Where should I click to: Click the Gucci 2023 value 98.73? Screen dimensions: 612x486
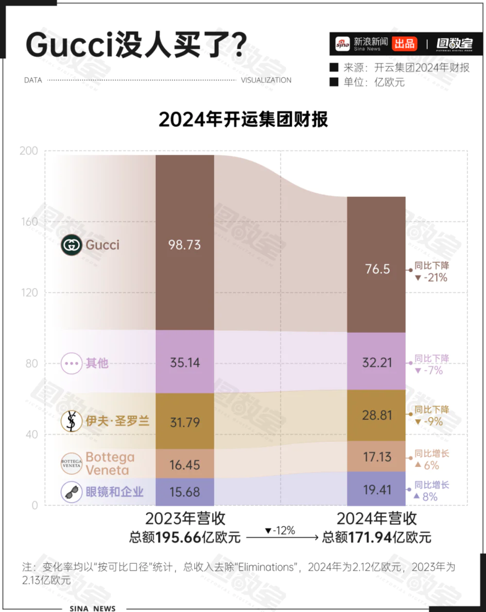(x=185, y=245)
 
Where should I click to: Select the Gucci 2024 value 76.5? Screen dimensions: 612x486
(x=377, y=269)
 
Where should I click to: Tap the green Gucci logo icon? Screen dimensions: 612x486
(x=71, y=245)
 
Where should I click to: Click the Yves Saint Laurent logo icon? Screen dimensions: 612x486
(x=71, y=421)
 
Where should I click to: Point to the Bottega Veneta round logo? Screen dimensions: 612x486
(x=71, y=464)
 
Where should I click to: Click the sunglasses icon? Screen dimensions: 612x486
(x=71, y=492)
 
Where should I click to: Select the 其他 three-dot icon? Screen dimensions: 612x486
(x=71, y=363)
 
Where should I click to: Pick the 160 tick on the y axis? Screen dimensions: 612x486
(x=29, y=222)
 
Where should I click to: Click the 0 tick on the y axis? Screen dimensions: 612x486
(x=35, y=505)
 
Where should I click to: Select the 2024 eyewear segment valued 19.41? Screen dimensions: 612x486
(x=377, y=489)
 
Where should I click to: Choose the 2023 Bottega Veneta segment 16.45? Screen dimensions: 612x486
(x=185, y=465)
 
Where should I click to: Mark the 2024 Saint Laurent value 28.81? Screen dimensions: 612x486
(x=377, y=415)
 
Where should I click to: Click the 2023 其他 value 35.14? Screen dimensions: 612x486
(x=185, y=363)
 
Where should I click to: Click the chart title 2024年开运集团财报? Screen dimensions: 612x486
(x=243, y=119)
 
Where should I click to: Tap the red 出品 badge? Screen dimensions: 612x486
(x=404, y=44)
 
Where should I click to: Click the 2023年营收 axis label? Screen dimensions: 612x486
(x=185, y=519)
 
